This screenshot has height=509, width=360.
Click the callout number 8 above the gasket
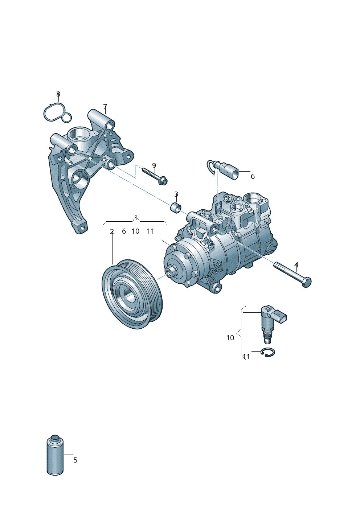point(58,94)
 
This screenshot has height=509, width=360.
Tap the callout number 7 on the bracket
point(105,107)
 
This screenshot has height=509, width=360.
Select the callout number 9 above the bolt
point(154,165)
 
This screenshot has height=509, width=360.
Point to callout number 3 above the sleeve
point(176,194)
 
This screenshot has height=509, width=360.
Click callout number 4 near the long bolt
point(296,265)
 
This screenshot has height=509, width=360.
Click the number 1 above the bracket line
point(136,217)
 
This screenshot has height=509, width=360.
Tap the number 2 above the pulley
point(112,231)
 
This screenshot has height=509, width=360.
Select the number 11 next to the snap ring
point(246,357)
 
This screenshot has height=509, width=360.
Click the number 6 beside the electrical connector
point(253,176)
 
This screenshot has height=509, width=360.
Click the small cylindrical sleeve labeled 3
point(176,207)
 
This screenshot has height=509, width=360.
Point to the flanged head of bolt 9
point(163,181)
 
